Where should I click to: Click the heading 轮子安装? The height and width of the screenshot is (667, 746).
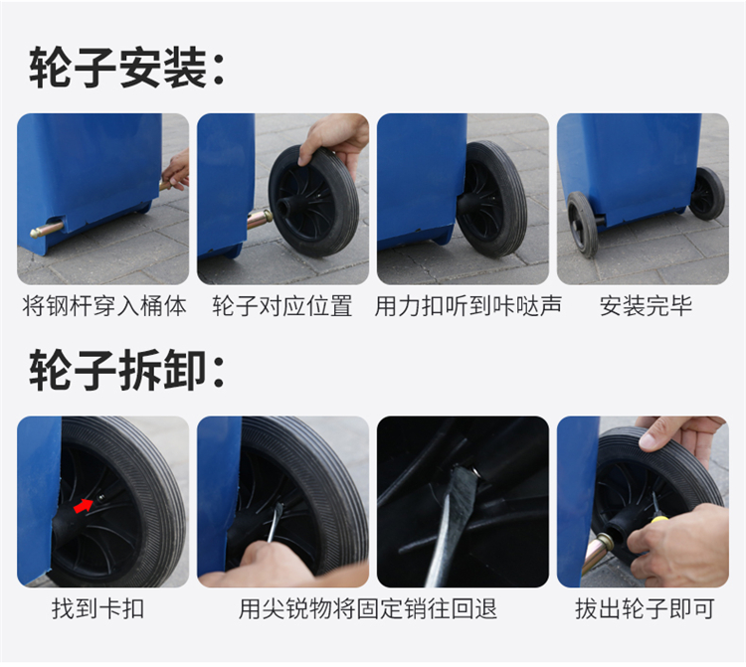click(x=126, y=68)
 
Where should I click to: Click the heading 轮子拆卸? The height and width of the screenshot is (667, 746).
click(x=126, y=370)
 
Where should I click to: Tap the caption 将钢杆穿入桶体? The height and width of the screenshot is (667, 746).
click(x=104, y=306)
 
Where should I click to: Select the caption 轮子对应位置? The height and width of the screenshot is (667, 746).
click(x=282, y=306)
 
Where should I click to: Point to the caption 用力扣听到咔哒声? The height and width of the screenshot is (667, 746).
click(x=468, y=306)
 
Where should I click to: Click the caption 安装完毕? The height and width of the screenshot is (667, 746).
click(x=646, y=306)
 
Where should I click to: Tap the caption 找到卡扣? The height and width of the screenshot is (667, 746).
click(x=98, y=608)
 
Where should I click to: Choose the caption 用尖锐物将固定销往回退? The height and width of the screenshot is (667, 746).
click(x=368, y=608)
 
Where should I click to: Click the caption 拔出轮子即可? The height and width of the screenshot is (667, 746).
click(x=645, y=608)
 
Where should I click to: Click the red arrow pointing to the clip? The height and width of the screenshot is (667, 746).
click(x=84, y=506)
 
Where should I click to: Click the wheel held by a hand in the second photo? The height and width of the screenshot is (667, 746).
click(x=313, y=202)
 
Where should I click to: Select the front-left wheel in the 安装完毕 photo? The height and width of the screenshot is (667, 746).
click(x=582, y=224)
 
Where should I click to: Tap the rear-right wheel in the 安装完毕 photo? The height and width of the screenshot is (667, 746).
click(x=707, y=193)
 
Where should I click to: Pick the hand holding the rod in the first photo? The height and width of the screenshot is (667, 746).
click(x=177, y=170)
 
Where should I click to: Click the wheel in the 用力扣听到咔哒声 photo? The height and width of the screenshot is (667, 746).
click(x=491, y=199)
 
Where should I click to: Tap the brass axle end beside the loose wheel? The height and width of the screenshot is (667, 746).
click(x=260, y=220)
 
